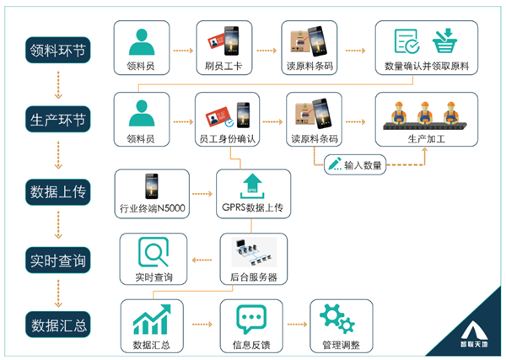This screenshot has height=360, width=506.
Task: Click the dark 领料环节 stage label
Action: pos(57,50)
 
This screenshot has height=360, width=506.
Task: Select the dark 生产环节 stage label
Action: pos(57,119)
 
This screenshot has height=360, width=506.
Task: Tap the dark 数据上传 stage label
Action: pos(57,192)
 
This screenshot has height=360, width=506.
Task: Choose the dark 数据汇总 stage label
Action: pos(57,325)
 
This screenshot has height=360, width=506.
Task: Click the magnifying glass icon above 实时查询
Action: pos(153,252)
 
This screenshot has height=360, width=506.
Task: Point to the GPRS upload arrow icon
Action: pos(252,186)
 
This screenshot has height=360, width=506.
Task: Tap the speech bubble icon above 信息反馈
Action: pos(251,319)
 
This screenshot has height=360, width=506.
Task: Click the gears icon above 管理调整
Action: pos(337,319)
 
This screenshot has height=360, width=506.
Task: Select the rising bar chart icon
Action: pos(151,319)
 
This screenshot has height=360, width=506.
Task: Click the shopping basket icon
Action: pos(444,40)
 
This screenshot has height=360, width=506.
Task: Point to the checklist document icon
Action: pos(406,41)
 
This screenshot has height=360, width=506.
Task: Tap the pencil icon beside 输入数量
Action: pos(335,164)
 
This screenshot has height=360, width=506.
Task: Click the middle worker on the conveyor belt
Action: pos(424,113)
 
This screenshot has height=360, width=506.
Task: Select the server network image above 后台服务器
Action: pos(254,252)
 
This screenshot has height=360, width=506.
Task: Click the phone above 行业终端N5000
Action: pos(152,186)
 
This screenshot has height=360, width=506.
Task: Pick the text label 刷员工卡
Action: pos(223,66)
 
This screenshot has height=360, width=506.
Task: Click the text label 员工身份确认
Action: pos(227,139)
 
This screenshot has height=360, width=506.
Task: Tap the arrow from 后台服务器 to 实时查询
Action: pos(202,260)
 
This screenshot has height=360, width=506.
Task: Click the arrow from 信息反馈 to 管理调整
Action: pos(297,325)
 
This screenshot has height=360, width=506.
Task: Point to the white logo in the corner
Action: pos(474,334)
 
